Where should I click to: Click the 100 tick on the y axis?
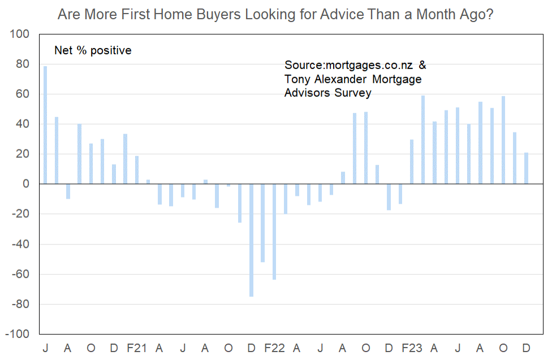19,34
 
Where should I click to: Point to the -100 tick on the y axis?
17,334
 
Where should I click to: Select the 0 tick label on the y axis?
26,184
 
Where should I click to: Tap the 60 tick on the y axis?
23,94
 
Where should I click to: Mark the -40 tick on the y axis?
21,244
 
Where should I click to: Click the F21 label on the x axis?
137,348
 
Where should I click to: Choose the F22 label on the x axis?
274,348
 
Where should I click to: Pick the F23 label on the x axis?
412,348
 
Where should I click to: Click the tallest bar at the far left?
45,125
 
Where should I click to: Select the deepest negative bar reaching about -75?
251,240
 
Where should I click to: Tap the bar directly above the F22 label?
274,232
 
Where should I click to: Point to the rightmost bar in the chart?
527,168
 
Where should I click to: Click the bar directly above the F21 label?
137,170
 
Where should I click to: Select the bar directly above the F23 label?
412,162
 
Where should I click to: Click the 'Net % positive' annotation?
93,50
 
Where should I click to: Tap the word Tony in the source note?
297,79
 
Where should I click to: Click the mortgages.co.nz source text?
369,65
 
